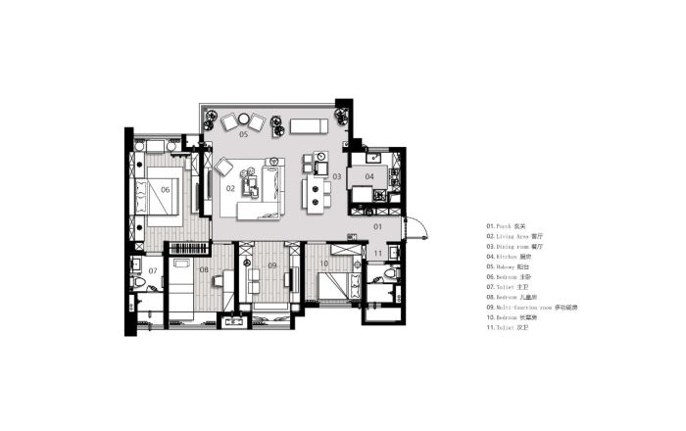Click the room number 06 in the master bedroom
point(166,189)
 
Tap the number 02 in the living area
point(231,186)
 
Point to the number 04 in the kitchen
point(369,176)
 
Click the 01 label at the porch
point(377,226)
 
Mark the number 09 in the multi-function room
point(272,265)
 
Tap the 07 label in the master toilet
point(153,269)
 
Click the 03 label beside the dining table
point(335,176)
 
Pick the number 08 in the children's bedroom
point(204,268)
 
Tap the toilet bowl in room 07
point(142,284)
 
